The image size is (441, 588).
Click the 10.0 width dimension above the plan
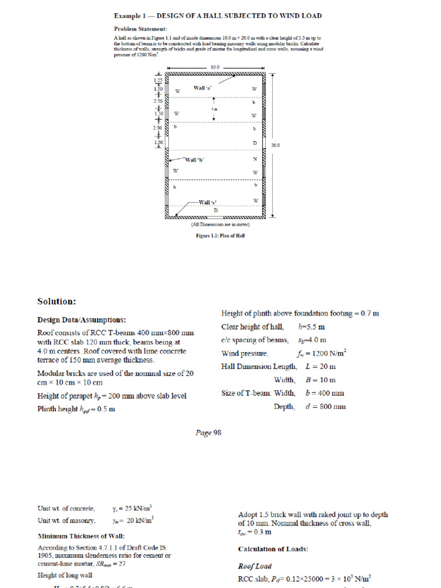(x=215, y=67)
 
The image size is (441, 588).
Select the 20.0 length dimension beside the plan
(x=275, y=145)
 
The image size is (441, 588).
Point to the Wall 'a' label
(x=203, y=88)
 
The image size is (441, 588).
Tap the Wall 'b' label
(x=194, y=159)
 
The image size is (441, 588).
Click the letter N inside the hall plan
(x=254, y=159)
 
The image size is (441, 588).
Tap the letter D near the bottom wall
(x=216, y=211)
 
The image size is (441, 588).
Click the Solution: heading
(x=57, y=301)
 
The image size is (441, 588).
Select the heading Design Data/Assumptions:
(x=82, y=320)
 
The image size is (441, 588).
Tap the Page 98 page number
(x=208, y=434)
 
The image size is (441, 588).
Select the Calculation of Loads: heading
(x=273, y=549)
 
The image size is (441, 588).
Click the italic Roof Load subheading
(x=254, y=566)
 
